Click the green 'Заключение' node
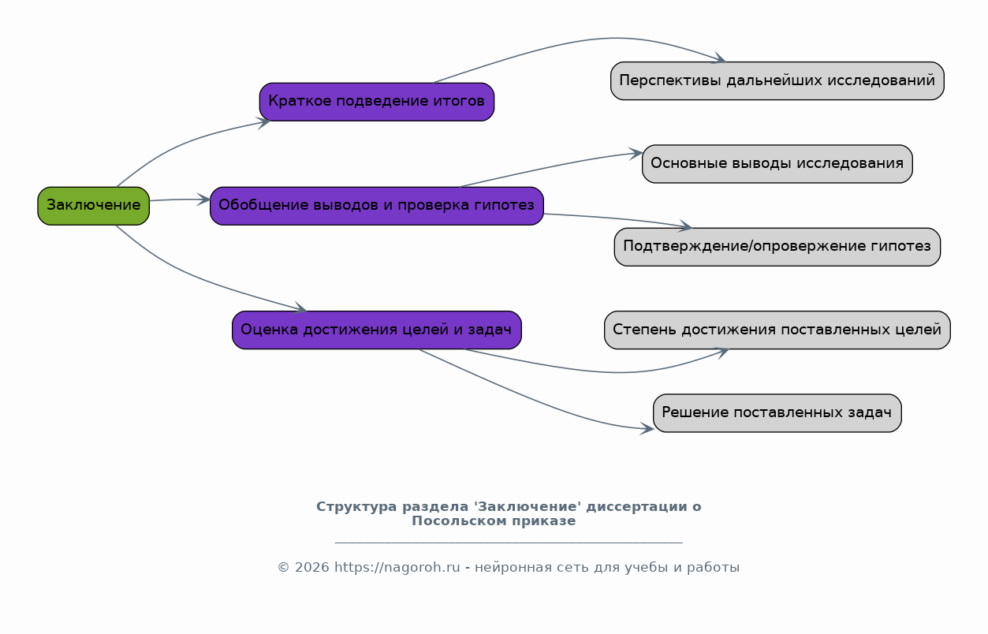(x=94, y=206)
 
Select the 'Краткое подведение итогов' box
(x=377, y=102)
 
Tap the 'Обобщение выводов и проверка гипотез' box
(x=377, y=206)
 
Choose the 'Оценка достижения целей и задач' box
(x=377, y=330)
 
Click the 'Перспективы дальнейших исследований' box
(x=777, y=80)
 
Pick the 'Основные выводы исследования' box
(x=777, y=164)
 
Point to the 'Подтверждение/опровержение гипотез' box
(x=777, y=247)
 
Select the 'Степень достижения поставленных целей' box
(x=777, y=330)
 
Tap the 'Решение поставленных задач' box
(x=777, y=413)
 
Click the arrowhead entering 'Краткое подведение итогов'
(x=264, y=123)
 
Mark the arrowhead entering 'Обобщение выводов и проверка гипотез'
(x=203, y=200)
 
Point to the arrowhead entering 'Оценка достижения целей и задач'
(x=300, y=308)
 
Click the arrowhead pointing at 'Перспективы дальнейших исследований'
(x=720, y=59)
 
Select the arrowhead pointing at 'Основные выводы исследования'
(x=636, y=153)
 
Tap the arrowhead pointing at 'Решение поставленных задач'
(x=647, y=428)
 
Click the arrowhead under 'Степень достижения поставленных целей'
(x=722, y=352)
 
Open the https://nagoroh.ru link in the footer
(x=397, y=568)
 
